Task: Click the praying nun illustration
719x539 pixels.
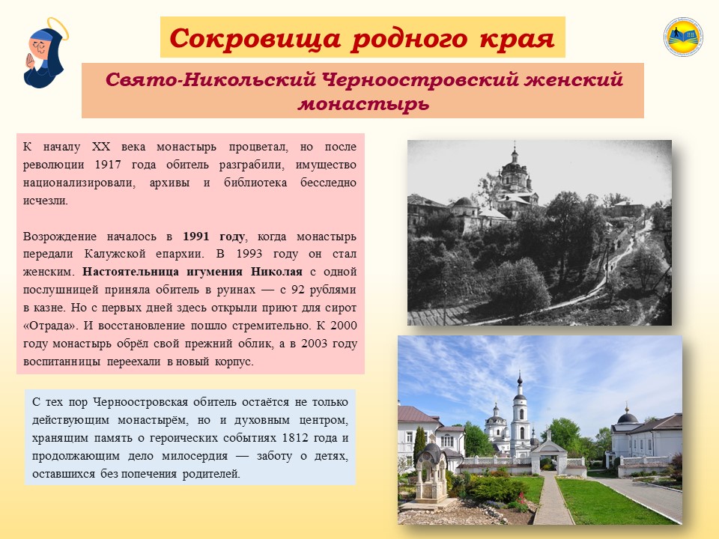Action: tap(44, 54)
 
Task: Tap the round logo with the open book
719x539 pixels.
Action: tap(683, 37)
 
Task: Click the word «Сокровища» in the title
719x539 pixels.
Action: tap(255, 38)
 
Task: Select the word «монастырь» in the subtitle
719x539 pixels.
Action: tap(363, 103)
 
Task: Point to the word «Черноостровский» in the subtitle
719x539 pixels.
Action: tap(419, 79)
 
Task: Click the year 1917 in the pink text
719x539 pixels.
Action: tap(108, 165)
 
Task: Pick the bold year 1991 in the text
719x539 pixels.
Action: tap(195, 237)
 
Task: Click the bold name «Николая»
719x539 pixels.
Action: tap(276, 272)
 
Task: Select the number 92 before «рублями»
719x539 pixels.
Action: tap(297, 290)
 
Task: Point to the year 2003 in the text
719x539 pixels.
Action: tap(314, 344)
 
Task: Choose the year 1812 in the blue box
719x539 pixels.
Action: tap(295, 438)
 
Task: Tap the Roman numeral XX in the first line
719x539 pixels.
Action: tap(101, 147)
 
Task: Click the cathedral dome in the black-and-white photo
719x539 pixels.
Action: tap(515, 171)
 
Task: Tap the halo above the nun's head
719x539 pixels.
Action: tap(58, 28)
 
